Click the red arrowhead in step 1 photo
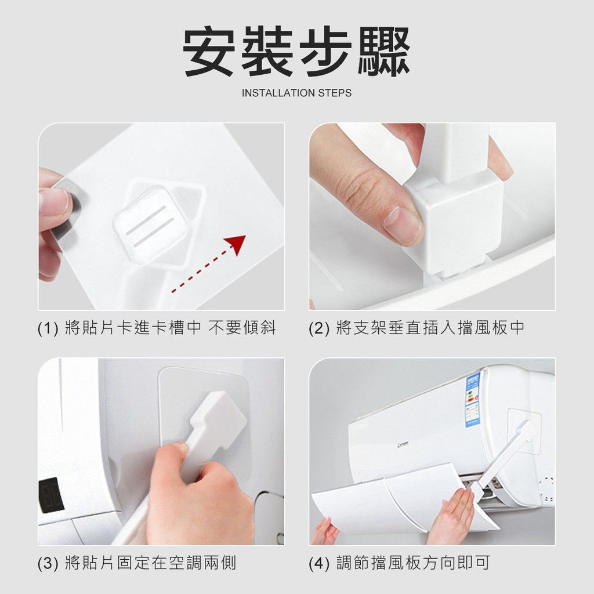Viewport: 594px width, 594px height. point(237,244)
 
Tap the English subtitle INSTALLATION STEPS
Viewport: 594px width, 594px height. point(296,93)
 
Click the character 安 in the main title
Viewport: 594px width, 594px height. point(209,52)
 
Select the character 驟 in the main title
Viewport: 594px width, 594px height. point(384,52)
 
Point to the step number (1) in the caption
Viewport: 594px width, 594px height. point(48,328)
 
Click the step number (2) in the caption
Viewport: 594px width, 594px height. point(319,328)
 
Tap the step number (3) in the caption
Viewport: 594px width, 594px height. point(48,563)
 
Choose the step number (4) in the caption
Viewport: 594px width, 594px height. point(319,563)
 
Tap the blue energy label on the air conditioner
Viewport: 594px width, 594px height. point(472,400)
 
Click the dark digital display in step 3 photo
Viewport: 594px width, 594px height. point(51,495)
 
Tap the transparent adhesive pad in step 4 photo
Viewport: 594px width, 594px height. point(524,431)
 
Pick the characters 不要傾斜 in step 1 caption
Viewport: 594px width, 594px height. point(242,328)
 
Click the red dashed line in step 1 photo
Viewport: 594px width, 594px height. point(200,271)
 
